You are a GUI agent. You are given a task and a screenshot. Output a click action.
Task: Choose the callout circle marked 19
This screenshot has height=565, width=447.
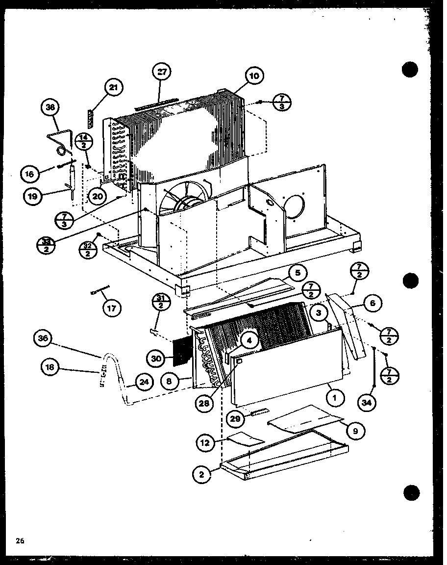[33, 196]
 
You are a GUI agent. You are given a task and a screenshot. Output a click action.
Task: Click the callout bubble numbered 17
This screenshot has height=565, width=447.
[113, 308]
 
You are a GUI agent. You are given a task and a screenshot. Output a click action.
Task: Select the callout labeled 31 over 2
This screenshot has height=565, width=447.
[161, 302]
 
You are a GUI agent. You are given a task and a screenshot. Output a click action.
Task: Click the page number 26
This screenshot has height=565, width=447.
[20, 541]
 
